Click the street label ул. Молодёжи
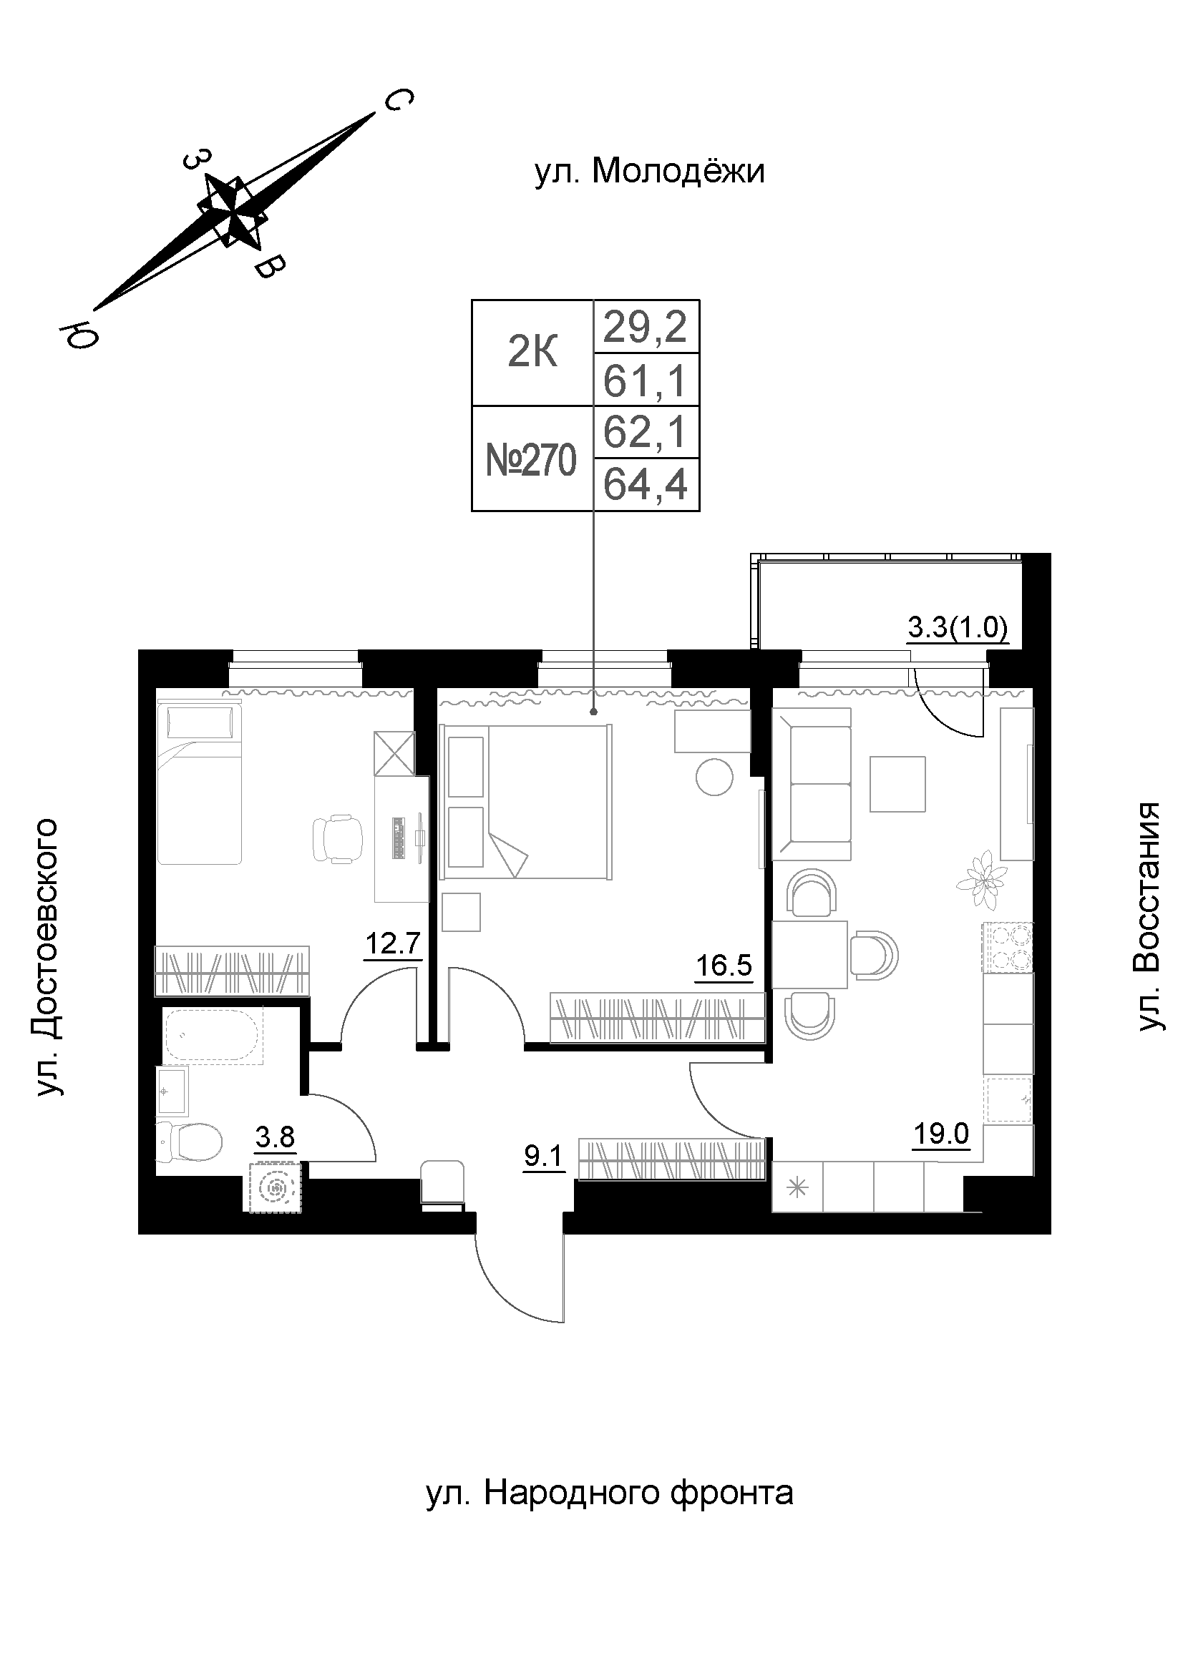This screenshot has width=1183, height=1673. (x=649, y=172)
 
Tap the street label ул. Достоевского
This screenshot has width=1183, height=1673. (x=45, y=958)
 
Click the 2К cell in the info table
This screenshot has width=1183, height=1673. (x=533, y=353)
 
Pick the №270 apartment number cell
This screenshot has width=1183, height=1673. (x=532, y=460)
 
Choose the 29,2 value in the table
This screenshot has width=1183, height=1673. (x=646, y=326)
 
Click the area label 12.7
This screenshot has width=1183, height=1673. (x=393, y=944)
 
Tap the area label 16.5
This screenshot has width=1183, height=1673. (x=724, y=966)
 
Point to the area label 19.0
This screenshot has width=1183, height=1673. (x=942, y=1133)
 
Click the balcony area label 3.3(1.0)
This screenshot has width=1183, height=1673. (x=958, y=627)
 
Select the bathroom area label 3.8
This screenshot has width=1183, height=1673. (x=276, y=1135)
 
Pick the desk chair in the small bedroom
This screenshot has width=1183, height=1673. (x=339, y=840)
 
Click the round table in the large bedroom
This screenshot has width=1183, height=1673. (x=714, y=777)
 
